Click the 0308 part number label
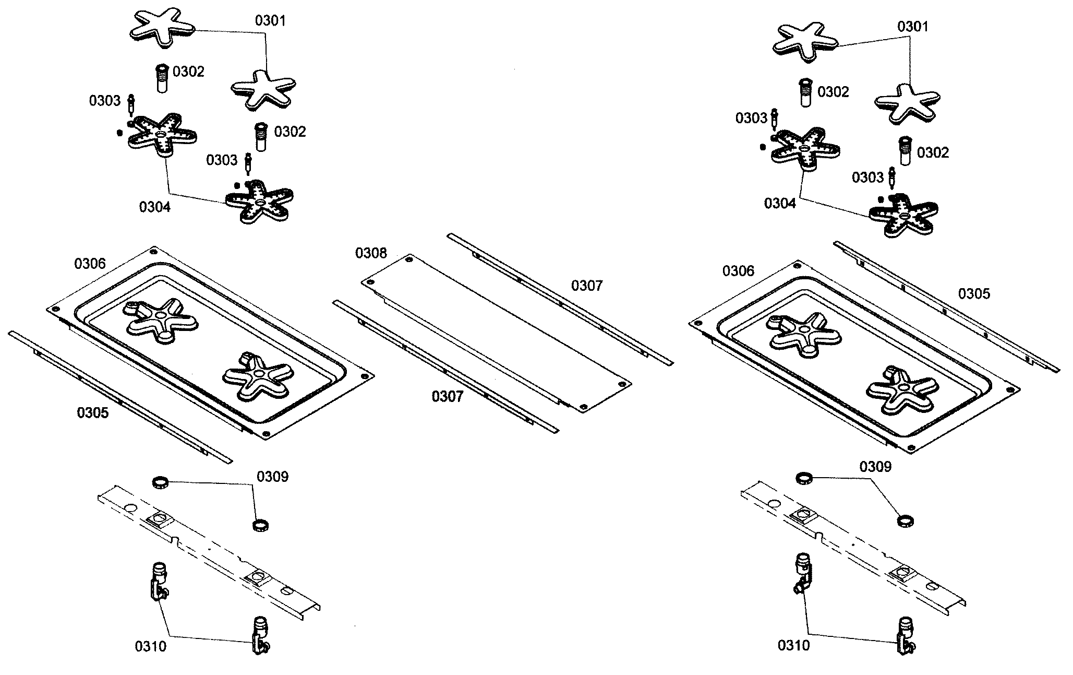coord(371,253)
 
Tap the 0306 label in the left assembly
coord(90,264)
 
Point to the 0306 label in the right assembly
coord(738,270)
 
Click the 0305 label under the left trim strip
coord(93,413)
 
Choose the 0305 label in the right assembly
coord(974,294)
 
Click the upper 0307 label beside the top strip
coord(587,286)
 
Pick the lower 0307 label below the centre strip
coord(447,397)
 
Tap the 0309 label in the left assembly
coord(272,477)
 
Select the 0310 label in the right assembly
coord(793,646)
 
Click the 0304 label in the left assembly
coord(154,207)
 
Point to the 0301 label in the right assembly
coord(913,27)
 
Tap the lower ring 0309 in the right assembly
coord(906,520)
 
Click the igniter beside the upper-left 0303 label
coord(131,104)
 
